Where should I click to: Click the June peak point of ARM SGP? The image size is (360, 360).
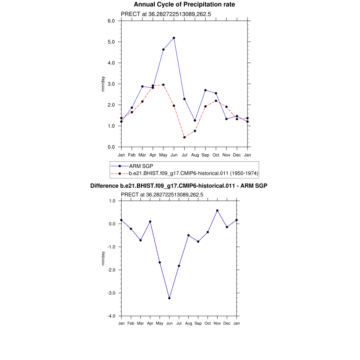[x=174, y=38]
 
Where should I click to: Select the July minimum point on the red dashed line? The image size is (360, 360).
[x=184, y=137]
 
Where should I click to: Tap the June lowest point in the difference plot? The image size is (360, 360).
[x=169, y=298]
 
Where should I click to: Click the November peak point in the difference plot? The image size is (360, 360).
[x=217, y=211]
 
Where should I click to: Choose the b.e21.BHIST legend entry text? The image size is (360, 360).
[x=194, y=173]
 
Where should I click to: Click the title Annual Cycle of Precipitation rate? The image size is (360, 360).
[x=184, y=5]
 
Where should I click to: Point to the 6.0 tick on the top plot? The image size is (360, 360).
[x=111, y=21]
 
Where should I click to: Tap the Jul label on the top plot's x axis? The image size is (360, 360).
[x=184, y=155]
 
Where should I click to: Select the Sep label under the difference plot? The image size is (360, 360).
[x=198, y=323]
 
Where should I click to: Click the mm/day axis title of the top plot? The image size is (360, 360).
[x=103, y=84]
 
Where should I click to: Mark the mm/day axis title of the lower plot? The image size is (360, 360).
[x=103, y=258]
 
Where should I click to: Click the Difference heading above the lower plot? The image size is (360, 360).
[x=179, y=186]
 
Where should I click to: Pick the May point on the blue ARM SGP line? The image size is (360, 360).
[x=163, y=50]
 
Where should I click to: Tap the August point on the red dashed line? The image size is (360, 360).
[x=195, y=131]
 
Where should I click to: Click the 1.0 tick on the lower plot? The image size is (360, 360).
[x=112, y=201]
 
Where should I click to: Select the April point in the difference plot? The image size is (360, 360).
[x=150, y=221]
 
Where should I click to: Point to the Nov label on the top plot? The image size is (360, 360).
[x=226, y=155]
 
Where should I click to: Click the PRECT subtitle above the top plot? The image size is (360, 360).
[x=166, y=14]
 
